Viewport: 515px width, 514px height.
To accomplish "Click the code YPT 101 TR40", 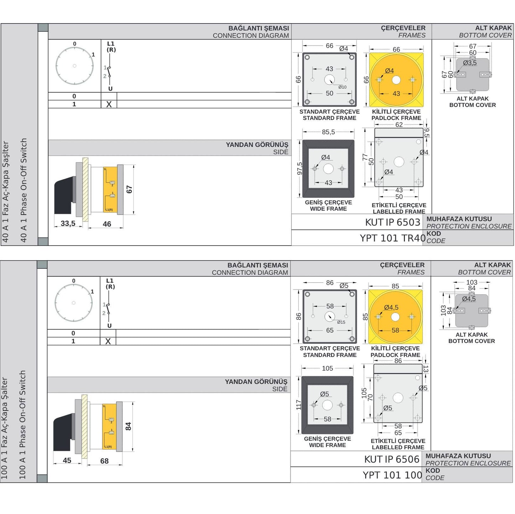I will click(392, 238).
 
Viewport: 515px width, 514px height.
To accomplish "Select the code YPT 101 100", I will click(392, 475).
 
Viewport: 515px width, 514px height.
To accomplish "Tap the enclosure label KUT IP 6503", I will click(392, 222).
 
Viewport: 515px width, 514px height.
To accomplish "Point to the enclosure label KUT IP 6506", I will click(391, 459).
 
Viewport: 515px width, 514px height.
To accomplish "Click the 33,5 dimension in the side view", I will click(68, 223).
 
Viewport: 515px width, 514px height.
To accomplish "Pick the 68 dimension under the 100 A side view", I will click(104, 461).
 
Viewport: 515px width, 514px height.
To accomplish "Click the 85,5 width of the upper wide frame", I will click(328, 132).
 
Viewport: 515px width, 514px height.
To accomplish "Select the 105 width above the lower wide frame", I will click(327, 369).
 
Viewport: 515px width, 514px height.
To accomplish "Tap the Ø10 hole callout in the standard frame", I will click(342, 87).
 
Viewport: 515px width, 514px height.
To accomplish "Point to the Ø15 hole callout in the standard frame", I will click(341, 322).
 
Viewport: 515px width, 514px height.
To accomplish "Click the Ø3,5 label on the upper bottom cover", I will click(470, 63).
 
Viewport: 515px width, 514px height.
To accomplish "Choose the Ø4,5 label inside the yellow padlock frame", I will click(391, 307).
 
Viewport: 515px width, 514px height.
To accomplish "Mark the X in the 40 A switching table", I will click(109, 104).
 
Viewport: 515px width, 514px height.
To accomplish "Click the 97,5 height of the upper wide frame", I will click(299, 169).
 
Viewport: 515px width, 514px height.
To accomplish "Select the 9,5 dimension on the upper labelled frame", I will click(427, 133).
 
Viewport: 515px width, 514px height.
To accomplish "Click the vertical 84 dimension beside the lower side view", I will click(128, 426).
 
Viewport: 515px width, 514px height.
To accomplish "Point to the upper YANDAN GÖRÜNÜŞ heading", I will click(257, 145).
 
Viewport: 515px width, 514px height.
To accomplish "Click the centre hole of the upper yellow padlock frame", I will click(396, 80).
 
